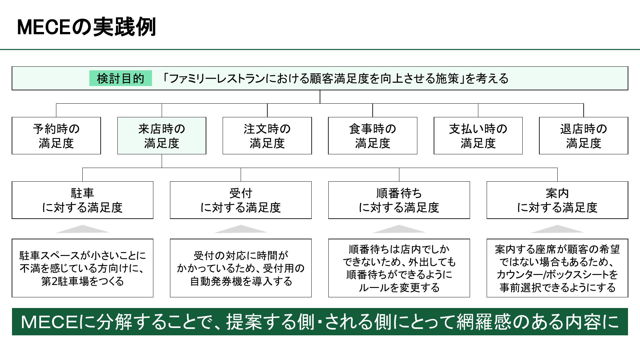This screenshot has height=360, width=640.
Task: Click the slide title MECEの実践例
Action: (86, 27)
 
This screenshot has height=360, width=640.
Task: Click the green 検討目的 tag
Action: (121, 78)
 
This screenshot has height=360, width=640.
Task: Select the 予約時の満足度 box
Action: (56, 136)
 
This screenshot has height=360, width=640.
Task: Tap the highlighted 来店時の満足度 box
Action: (162, 136)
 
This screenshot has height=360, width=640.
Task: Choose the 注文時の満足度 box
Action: (267, 136)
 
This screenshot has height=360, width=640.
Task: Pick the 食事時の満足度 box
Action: (373, 136)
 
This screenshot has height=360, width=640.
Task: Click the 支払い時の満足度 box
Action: (478, 136)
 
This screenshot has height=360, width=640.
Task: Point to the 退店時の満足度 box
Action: (584, 136)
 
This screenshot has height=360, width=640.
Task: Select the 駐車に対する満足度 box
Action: (83, 200)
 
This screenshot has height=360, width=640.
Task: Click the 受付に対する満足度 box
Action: (241, 200)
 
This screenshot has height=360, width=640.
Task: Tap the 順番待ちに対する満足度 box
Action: (399, 200)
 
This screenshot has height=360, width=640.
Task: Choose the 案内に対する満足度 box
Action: (557, 200)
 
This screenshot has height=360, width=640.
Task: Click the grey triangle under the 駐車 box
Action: (83, 230)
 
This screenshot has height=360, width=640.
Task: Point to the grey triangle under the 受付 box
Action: (241, 230)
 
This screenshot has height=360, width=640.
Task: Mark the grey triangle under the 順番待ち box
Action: (399, 230)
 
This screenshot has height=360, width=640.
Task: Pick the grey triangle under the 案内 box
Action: (557, 230)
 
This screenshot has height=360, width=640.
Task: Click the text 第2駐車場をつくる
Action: (83, 281)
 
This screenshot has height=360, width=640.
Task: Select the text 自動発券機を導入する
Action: (241, 281)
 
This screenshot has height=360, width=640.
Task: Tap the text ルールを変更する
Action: (399, 287)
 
